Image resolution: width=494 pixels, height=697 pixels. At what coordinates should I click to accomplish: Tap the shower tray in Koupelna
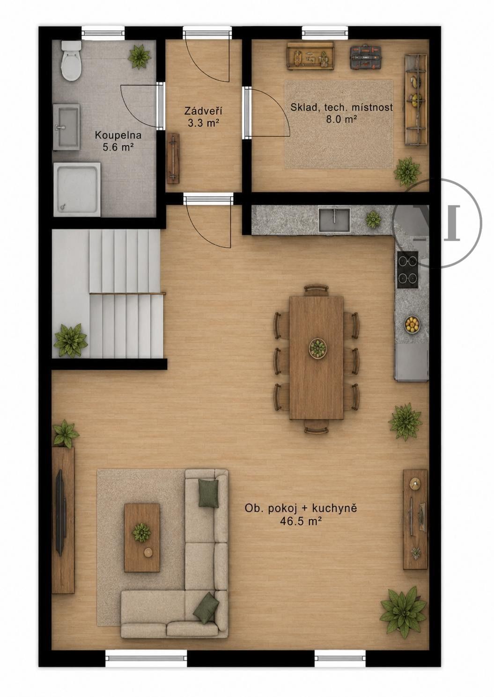coord(77,189)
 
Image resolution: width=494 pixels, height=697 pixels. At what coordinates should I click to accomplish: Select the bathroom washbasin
coord(66,127)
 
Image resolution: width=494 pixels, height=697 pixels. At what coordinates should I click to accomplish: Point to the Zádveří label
coord(203,111)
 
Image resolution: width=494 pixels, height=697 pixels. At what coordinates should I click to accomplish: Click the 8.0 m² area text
coord(341,120)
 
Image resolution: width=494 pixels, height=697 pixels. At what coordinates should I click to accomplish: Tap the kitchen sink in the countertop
coord(334,220)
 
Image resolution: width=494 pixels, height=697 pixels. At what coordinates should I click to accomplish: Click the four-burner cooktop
coord(408,269)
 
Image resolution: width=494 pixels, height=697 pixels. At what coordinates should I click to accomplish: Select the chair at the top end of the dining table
coord(317,290)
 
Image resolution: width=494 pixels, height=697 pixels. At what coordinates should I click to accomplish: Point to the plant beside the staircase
coord(70,340)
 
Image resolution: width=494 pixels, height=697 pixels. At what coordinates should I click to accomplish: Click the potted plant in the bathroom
coord(140,57)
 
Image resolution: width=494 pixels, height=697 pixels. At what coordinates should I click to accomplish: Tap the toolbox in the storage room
coord(365,57)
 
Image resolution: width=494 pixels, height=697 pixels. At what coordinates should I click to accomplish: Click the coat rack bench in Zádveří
coord(173,159)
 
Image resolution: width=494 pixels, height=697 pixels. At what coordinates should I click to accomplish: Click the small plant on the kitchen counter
coord(373,219)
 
